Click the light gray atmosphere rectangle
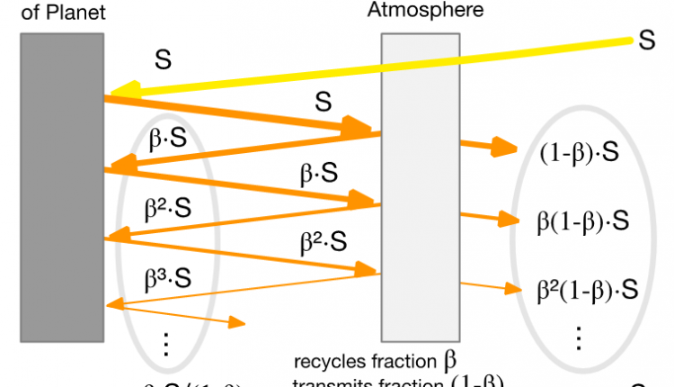[x=421, y=180]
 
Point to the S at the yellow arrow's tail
[x=646, y=41]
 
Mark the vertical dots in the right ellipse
[x=579, y=337]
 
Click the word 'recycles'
[x=324, y=364]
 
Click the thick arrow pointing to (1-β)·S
[x=490, y=147]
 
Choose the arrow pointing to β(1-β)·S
[x=490, y=216]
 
